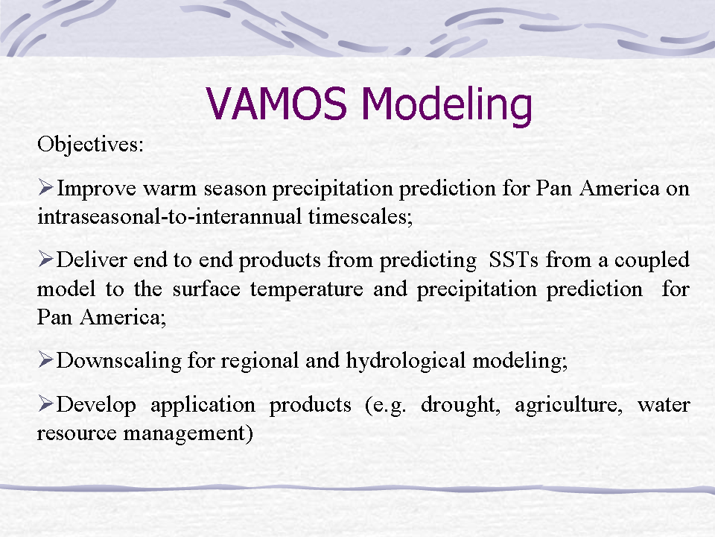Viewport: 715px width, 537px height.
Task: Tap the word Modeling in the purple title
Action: coord(447,106)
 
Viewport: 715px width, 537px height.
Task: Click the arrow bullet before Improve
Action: coord(46,187)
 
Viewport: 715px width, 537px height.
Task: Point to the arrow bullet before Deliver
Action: coord(46,259)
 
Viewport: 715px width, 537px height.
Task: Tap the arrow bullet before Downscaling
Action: coord(46,359)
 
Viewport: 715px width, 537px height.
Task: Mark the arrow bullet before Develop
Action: coord(46,403)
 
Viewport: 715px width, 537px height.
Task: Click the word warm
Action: coord(170,189)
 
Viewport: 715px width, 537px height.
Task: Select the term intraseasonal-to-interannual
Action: coord(170,216)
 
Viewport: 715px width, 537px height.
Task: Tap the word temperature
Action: coord(306,290)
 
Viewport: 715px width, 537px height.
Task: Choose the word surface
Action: coord(206,289)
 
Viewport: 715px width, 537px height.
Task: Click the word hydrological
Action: coord(406,361)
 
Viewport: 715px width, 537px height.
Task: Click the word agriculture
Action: coord(568,405)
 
